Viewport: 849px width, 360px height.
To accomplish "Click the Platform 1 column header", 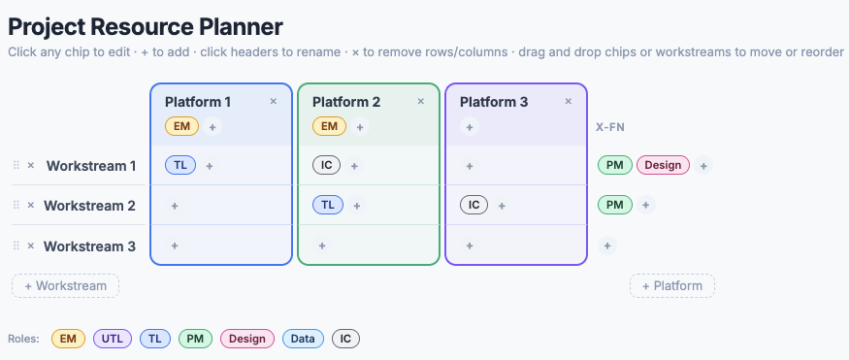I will click(198, 102).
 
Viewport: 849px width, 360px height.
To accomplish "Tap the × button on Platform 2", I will click(421, 101).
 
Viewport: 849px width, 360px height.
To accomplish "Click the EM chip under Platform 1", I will click(181, 126).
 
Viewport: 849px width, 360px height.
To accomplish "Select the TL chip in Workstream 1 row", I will click(180, 166).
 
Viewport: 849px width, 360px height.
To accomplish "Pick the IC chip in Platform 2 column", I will click(327, 166).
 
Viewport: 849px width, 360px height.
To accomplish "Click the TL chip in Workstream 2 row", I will click(328, 206).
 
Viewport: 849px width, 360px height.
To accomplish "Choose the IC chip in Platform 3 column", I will click(473, 206).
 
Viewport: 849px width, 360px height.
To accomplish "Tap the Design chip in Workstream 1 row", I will click(663, 166).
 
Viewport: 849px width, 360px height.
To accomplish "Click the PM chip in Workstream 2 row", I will click(614, 206).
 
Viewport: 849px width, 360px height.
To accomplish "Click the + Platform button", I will click(672, 286).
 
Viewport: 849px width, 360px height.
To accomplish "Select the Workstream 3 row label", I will click(90, 246).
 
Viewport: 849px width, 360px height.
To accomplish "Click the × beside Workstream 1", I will click(31, 166).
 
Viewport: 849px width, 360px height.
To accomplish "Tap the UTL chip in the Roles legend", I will click(113, 339).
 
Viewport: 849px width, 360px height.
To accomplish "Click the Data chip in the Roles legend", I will click(303, 339).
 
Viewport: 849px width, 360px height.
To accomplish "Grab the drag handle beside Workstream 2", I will click(16, 206).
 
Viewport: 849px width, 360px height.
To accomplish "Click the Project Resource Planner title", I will click(146, 27).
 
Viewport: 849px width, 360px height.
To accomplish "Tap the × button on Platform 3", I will click(569, 101).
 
